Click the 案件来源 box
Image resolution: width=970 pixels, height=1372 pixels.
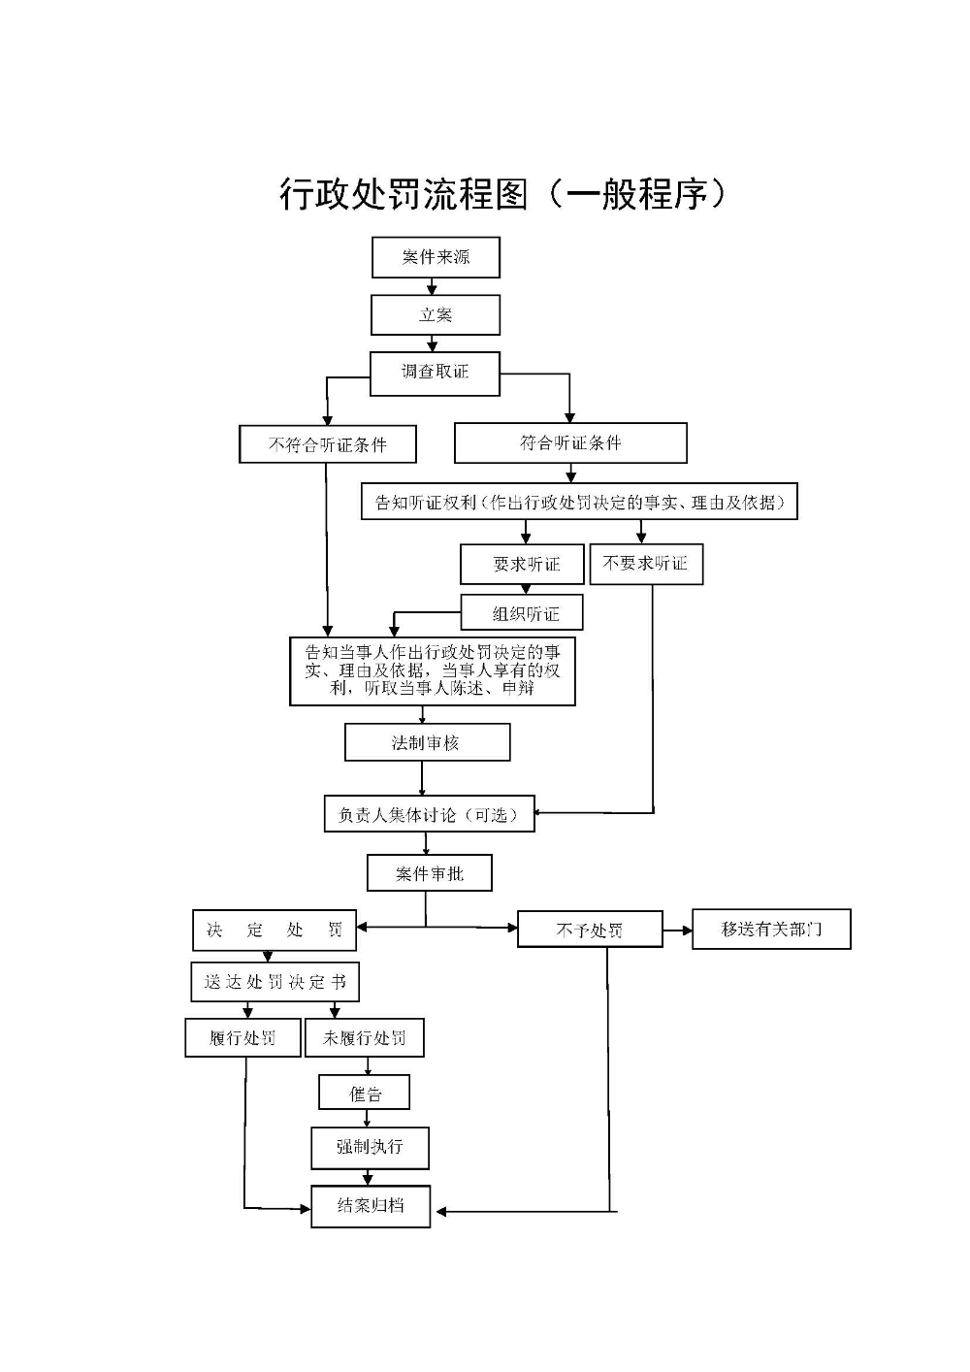pos(436,257)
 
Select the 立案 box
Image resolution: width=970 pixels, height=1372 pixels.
pos(436,315)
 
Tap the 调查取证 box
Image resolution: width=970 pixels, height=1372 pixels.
pos(435,373)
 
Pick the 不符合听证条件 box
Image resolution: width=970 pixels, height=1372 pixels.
pos(328,444)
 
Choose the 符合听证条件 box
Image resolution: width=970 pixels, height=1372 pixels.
pos(570,443)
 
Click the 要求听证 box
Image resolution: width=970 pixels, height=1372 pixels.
pos(523,564)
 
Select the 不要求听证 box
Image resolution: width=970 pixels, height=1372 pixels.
pos(646,564)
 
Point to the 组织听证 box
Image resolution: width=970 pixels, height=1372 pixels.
pos(522,613)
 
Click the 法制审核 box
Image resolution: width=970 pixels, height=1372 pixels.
pos(427,743)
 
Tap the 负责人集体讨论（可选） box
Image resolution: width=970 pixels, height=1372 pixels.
pos(429,814)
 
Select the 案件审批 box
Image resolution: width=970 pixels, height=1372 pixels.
pos(429,873)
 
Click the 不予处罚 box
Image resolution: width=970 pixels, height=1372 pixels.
pos(590,930)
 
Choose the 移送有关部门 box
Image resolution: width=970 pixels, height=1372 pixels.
pos(771,930)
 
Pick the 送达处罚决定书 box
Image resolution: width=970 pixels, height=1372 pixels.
pos(275,982)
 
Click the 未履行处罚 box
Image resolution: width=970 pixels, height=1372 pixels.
pos(365,1038)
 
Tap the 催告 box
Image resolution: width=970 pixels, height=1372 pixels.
pos(365,1094)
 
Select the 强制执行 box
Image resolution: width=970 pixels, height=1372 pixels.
pos(370,1147)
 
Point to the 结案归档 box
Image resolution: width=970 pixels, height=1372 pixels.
pos(371,1206)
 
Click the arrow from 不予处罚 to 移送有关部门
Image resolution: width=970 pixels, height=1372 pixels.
pos(677,931)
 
